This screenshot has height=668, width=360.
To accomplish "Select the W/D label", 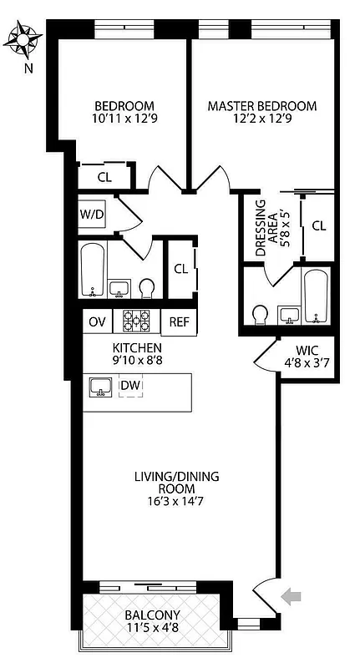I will coord(92,215).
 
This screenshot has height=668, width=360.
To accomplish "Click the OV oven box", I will coord(97,321).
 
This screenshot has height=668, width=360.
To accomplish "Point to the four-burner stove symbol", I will coord(137,321).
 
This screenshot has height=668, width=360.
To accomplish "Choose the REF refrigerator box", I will coord(178,321).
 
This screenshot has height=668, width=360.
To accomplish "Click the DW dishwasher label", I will coord(130,386).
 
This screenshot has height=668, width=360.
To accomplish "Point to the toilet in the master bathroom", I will coord(260,313).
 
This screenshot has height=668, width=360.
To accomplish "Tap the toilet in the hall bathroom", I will coord(147,288).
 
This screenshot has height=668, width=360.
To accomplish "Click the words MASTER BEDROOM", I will coord(261,106).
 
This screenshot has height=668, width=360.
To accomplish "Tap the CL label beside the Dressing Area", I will coord(318,225).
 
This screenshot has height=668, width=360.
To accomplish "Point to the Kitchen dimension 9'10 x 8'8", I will coord(138,361).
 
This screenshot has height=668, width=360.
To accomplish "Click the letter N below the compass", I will coord(28,68).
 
